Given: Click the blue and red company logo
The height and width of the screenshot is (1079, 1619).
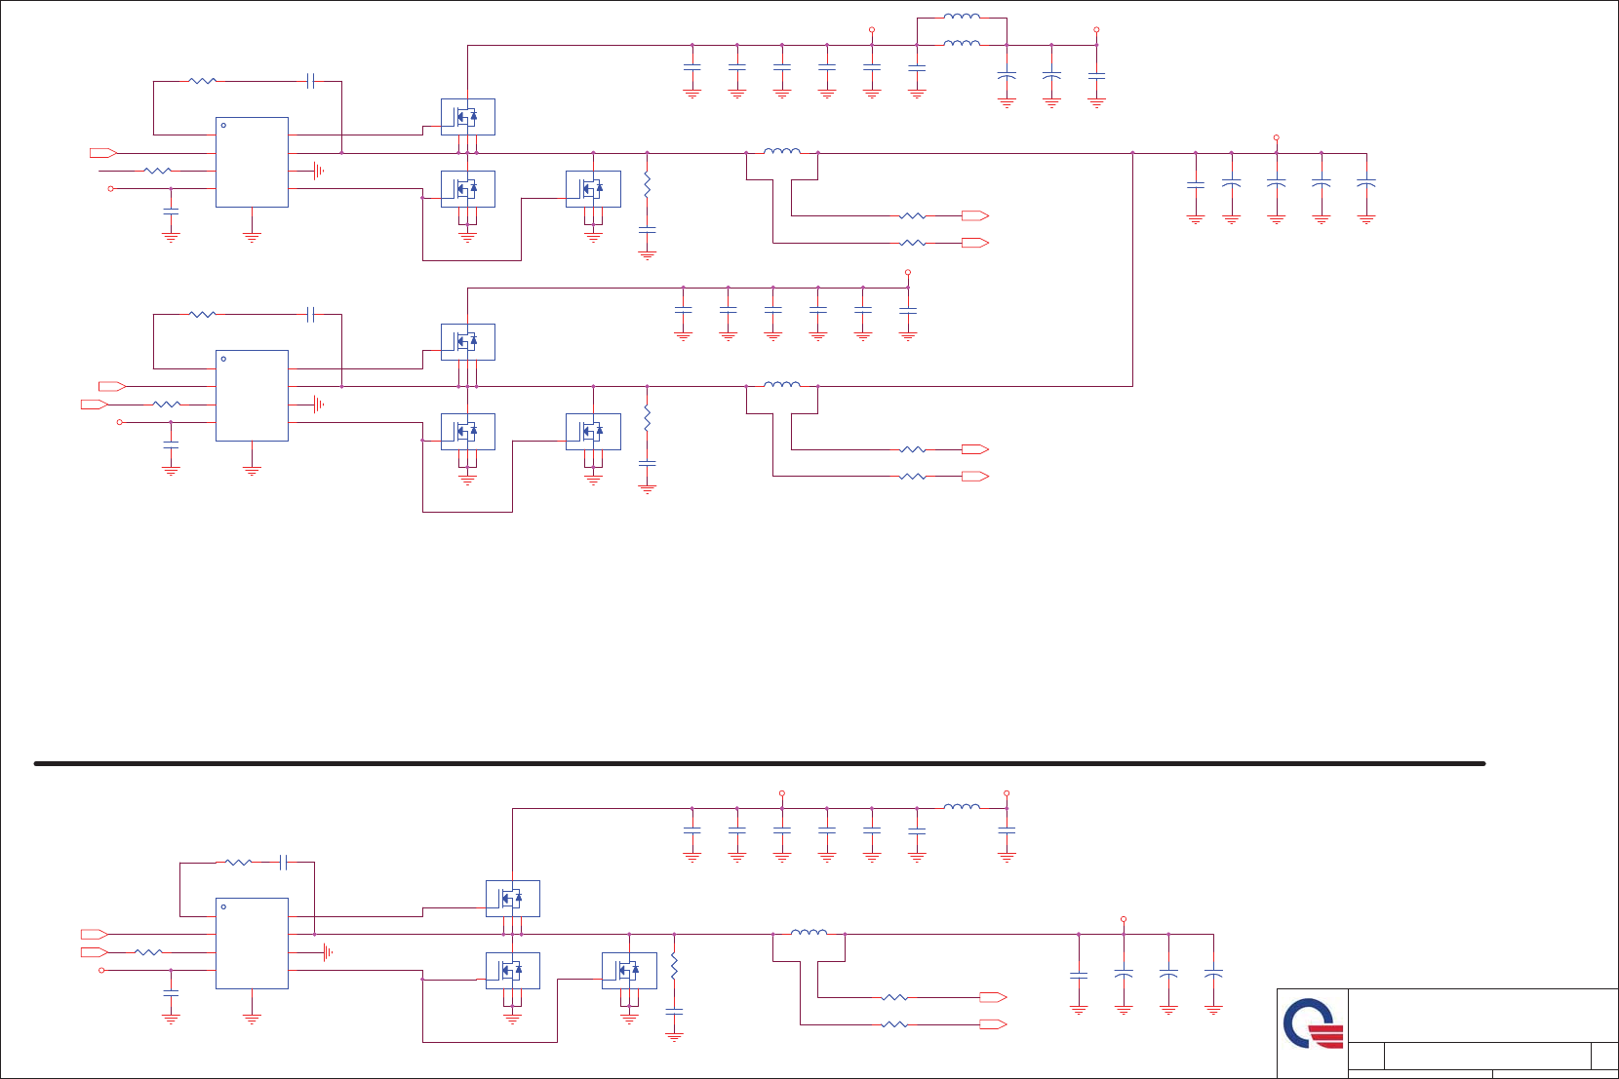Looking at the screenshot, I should [1313, 1023].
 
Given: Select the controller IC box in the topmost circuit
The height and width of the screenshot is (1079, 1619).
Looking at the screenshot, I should [252, 162].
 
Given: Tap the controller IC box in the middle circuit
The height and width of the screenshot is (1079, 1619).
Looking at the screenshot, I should [252, 395].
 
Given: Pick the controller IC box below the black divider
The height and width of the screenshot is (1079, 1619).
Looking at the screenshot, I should [252, 943].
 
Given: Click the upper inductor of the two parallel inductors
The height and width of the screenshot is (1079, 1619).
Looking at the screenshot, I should [962, 17].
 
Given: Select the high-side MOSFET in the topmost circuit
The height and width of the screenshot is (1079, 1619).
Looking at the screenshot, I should [467, 117].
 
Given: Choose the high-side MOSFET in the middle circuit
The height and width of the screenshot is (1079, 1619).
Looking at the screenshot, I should [467, 342].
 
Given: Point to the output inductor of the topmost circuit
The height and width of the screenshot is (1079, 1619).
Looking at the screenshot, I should [781, 151].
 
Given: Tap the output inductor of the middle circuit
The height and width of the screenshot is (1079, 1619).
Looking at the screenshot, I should [781, 385].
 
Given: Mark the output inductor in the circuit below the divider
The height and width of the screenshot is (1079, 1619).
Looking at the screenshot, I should [809, 933].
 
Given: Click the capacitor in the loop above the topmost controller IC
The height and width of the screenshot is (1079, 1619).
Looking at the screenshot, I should [310, 81].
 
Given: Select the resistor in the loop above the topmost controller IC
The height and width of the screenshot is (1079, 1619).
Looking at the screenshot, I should [202, 81].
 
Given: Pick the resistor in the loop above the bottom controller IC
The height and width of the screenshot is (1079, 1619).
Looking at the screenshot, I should [238, 863].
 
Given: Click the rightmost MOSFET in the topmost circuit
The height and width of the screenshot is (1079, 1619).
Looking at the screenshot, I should [593, 189].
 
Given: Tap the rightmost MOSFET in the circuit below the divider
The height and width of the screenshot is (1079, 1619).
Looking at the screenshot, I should [629, 970].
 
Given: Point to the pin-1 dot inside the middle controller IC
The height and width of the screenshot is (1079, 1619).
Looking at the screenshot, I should [223, 359].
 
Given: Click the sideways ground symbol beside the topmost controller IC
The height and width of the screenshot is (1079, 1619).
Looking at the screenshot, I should [318, 171].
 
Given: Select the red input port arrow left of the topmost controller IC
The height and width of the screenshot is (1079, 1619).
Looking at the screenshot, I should [102, 153].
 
